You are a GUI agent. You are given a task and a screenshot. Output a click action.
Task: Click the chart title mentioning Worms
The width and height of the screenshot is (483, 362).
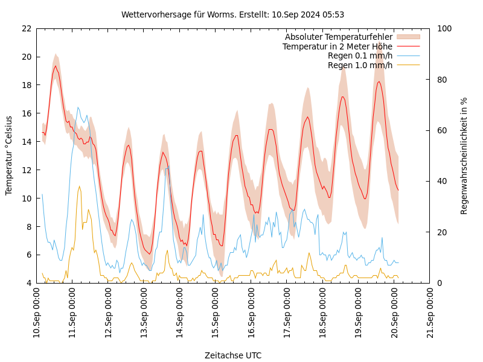232,14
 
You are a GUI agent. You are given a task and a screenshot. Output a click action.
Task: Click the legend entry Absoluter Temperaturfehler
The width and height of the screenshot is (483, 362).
339,37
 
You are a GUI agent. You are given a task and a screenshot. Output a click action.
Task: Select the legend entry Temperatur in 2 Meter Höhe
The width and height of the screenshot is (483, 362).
337,46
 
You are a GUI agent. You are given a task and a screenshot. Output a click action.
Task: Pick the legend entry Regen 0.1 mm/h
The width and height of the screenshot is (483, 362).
360,56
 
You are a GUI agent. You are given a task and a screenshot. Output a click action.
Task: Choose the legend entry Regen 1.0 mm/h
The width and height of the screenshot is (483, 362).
360,65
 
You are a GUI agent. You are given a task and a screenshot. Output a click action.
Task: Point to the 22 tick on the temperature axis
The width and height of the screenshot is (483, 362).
26,28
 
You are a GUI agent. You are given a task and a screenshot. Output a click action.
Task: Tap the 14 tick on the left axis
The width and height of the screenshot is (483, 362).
26,142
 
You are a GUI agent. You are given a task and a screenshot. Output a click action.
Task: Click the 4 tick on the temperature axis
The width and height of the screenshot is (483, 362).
28,283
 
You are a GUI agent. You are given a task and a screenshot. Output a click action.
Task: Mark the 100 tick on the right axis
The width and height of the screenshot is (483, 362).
444,28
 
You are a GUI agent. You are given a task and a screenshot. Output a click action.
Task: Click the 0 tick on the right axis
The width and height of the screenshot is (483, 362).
440,283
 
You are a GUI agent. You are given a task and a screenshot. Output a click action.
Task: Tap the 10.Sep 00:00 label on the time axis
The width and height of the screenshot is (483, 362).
37,313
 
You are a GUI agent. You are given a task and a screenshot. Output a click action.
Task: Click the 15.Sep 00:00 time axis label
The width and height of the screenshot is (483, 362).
216,313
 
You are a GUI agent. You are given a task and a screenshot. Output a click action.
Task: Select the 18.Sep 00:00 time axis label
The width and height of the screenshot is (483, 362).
323,313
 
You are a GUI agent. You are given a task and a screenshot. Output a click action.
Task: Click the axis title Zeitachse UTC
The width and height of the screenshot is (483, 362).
233,355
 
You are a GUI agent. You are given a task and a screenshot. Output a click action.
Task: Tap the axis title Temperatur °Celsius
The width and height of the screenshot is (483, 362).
9,156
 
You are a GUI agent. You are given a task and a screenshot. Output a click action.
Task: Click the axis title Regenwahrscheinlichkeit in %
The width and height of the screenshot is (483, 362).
464,156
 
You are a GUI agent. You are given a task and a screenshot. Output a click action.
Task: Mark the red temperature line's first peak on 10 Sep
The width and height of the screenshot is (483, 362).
56,66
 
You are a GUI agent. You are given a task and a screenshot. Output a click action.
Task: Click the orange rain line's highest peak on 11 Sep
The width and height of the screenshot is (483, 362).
79,186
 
